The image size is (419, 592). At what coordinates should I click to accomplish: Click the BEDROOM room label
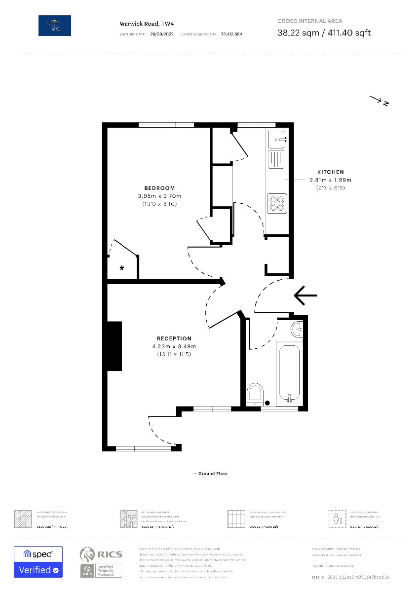[x=159, y=188]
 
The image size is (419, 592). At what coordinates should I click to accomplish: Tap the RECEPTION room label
[x=174, y=338]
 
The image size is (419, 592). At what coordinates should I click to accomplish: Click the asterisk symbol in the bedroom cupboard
[x=121, y=268]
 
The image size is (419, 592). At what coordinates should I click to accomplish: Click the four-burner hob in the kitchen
[x=277, y=203]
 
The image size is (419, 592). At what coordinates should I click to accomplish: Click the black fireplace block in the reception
[x=114, y=346]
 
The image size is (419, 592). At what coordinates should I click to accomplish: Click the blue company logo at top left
[x=55, y=25]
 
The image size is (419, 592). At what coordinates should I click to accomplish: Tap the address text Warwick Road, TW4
[x=140, y=23]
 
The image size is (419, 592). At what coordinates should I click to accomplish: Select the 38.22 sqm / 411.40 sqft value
[x=324, y=33]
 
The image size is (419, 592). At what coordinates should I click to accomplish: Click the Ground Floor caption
[x=210, y=474]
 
